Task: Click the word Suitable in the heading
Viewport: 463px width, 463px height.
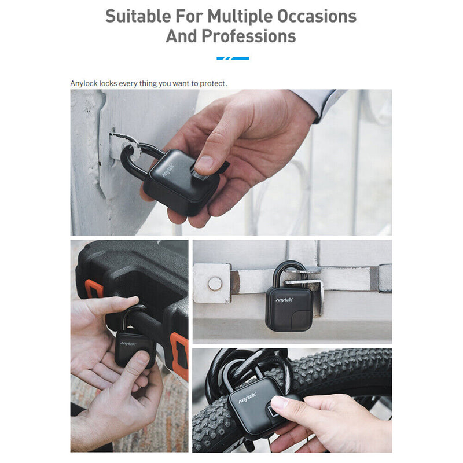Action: tap(138, 16)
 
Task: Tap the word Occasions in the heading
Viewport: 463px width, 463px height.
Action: tap(317, 16)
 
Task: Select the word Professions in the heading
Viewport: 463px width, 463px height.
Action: tap(249, 36)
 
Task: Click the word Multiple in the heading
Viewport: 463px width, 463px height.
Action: tap(240, 17)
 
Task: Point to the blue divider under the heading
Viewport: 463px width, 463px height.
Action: tap(233, 58)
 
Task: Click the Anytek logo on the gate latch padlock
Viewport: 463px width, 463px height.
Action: tap(284, 300)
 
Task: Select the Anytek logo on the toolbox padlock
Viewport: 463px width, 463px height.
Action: tap(128, 344)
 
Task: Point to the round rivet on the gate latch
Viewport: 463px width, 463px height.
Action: tap(215, 284)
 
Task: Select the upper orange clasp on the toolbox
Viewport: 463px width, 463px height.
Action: tap(94, 289)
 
